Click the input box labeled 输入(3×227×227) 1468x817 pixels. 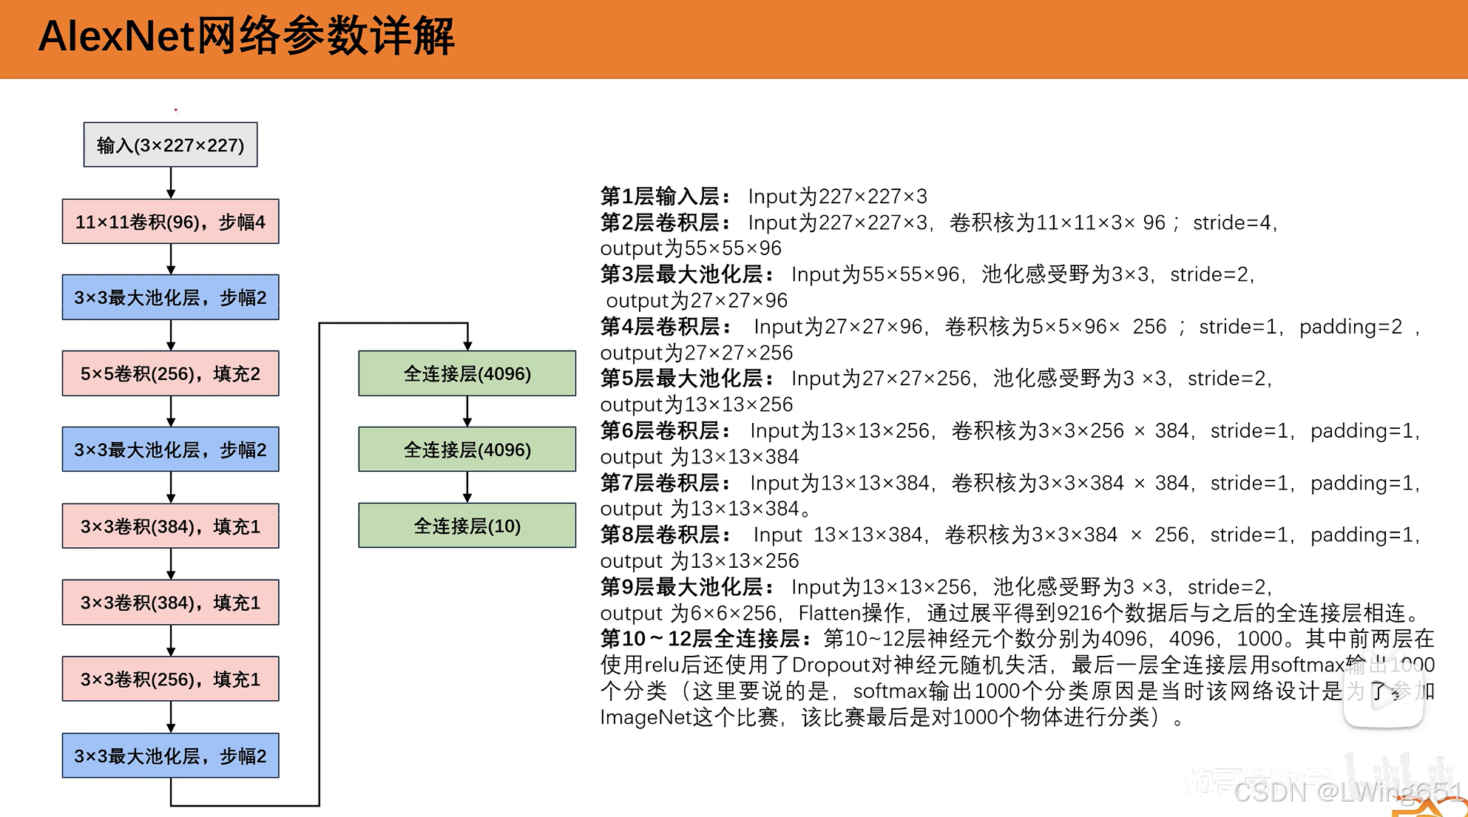[x=170, y=145]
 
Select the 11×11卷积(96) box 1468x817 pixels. [x=170, y=222]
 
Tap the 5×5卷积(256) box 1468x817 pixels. [x=170, y=374]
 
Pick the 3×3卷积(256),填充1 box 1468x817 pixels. [x=170, y=679]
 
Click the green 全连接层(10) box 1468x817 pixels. [x=467, y=526]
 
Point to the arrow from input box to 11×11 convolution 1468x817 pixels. [x=171, y=183]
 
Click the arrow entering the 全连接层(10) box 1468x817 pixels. [x=467, y=487]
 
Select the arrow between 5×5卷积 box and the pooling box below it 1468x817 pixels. [x=171, y=411]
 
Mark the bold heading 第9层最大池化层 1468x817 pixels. [x=686, y=587]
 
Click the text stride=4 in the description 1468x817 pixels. [x=1233, y=223]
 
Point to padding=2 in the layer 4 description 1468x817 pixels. [x=1350, y=327]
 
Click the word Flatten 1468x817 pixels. [x=830, y=613]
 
